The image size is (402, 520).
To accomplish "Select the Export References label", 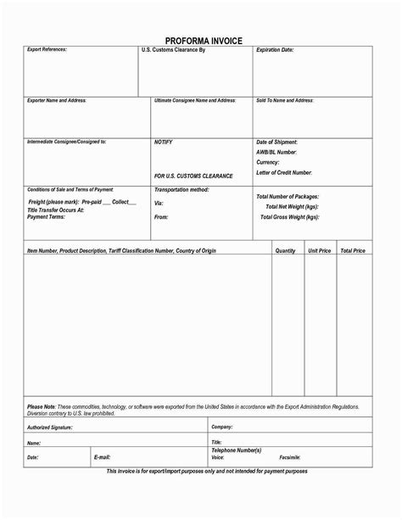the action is click(x=47, y=50).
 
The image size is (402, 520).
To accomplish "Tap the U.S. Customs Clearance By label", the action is click(x=174, y=51).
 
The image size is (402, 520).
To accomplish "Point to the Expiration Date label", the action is click(x=275, y=50).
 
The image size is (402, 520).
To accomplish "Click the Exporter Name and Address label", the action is click(x=57, y=100).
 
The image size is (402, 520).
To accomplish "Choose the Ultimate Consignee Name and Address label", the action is click(x=195, y=100).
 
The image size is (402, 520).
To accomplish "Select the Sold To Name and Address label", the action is click(x=285, y=100).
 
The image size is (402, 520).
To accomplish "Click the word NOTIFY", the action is click(x=164, y=142).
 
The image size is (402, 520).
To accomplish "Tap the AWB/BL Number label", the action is click(x=277, y=151).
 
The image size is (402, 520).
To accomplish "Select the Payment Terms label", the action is click(x=47, y=216).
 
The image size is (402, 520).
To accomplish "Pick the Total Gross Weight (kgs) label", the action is click(x=289, y=217).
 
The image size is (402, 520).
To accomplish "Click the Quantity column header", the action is click(x=286, y=251).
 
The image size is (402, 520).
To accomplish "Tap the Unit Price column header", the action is click(x=320, y=251).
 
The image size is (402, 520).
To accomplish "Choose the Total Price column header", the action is click(x=353, y=251).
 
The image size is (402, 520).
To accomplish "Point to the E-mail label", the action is click(x=102, y=457).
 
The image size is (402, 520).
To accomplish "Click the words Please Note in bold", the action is click(x=42, y=406).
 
